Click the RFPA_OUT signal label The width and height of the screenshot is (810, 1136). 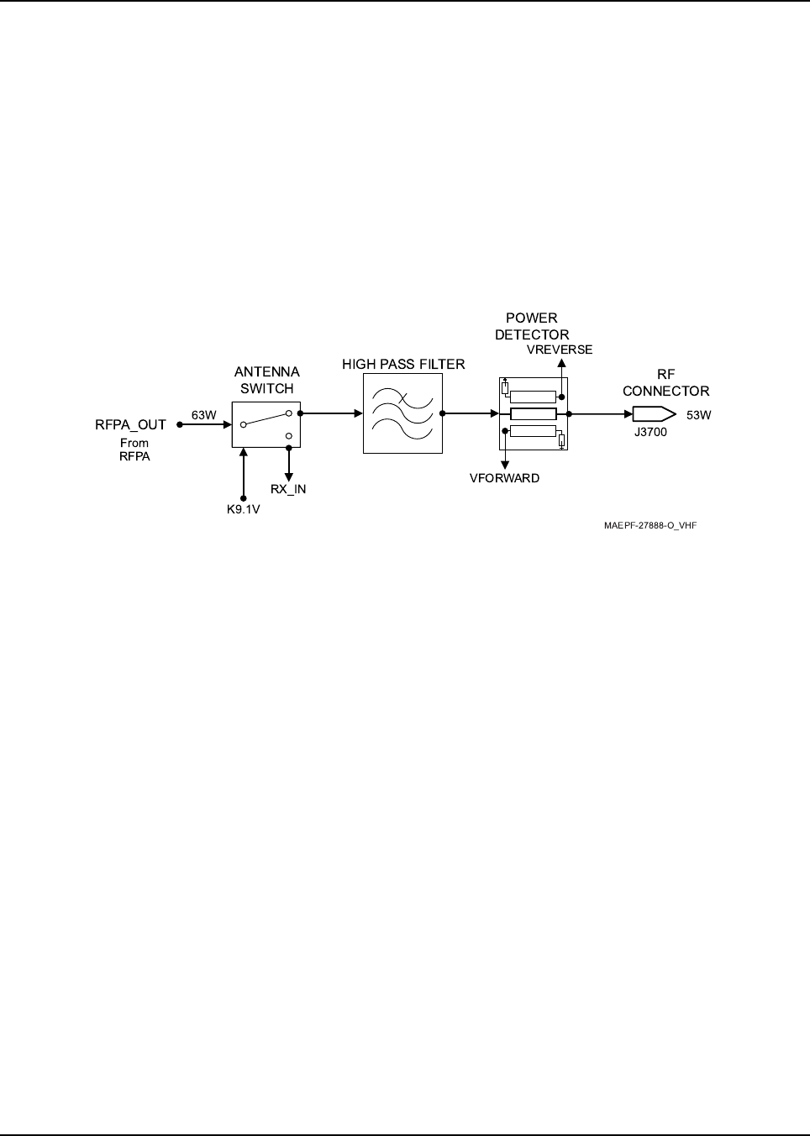click(130, 425)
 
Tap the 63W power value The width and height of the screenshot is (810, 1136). click(203, 415)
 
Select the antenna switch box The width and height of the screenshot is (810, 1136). click(266, 423)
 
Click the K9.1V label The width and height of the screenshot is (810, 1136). click(243, 509)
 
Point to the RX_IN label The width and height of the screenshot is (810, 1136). click(288, 489)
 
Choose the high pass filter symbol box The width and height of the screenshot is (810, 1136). click(402, 414)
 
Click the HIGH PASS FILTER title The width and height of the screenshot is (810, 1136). click(403, 365)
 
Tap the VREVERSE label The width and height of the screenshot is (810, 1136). click(560, 350)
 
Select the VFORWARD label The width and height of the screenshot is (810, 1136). click(504, 478)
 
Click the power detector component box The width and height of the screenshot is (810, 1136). click(533, 413)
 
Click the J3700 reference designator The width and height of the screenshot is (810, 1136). click(650, 433)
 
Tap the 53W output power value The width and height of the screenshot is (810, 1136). click(699, 415)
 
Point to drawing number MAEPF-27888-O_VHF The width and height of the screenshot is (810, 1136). click(650, 526)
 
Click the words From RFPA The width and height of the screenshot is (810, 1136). click(134, 450)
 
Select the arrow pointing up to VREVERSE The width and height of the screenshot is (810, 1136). click(561, 363)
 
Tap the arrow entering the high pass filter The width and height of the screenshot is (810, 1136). click(357, 413)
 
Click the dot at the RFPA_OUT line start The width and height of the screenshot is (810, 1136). click(179, 425)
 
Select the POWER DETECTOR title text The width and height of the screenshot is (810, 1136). click(532, 326)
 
